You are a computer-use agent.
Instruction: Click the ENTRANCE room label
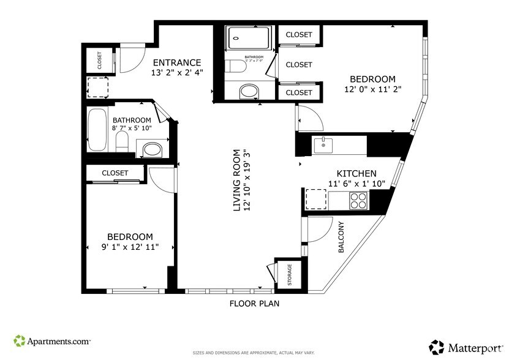(176, 62)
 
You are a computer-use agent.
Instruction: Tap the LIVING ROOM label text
(238, 181)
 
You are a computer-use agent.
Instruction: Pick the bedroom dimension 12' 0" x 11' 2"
(372, 89)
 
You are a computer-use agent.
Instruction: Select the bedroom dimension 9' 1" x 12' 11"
(130, 247)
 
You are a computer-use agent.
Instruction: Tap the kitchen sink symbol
(323, 145)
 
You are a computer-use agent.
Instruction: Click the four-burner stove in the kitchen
(358, 200)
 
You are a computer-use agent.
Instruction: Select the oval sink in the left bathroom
(152, 149)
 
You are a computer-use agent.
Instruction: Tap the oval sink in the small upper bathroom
(249, 92)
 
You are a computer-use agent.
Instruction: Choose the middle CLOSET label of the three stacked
(299, 64)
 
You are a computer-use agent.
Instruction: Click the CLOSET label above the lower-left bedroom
(115, 173)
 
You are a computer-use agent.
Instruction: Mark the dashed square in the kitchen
(316, 200)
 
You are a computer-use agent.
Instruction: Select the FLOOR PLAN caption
(255, 303)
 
